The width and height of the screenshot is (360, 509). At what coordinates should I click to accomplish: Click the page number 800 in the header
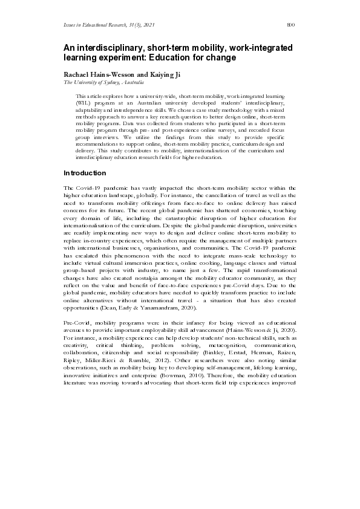click(x=290, y=25)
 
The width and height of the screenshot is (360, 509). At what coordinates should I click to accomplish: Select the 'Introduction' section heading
click(x=85, y=173)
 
